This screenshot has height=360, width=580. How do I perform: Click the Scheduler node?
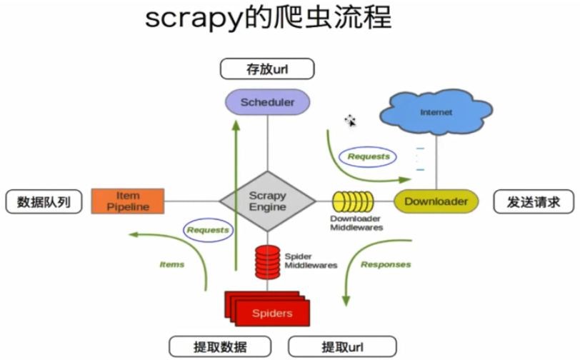point(267,102)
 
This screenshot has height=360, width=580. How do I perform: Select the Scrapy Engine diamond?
point(267,201)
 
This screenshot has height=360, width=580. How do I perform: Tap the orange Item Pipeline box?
point(128,201)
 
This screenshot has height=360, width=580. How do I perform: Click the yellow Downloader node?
point(436,201)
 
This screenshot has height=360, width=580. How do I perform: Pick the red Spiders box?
point(272,313)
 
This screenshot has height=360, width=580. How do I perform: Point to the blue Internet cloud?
point(436,112)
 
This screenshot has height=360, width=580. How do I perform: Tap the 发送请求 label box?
point(534,202)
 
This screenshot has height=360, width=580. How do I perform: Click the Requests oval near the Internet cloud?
point(369,156)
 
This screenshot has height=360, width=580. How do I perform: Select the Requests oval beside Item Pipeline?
point(208,230)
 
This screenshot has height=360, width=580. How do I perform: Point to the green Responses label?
point(386,264)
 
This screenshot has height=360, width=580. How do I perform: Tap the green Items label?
point(171,264)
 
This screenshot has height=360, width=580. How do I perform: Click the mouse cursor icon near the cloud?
point(350,121)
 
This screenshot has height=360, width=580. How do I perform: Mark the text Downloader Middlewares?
point(356,223)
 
